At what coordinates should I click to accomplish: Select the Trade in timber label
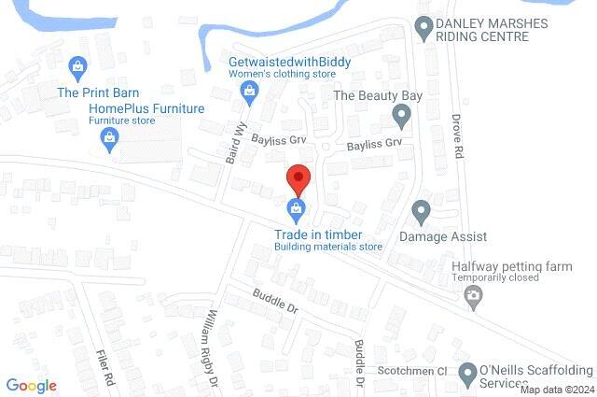point(317,234)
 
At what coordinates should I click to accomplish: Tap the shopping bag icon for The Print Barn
point(78,66)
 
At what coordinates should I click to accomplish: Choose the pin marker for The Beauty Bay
point(401,118)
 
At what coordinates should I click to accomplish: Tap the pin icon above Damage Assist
point(421,212)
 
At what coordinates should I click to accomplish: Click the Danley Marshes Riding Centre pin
point(424,29)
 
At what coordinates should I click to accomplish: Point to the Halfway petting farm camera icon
point(473,298)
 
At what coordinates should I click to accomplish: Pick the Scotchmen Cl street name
point(415,370)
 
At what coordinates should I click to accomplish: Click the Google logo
point(31,386)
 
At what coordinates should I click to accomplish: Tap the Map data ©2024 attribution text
point(557,390)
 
